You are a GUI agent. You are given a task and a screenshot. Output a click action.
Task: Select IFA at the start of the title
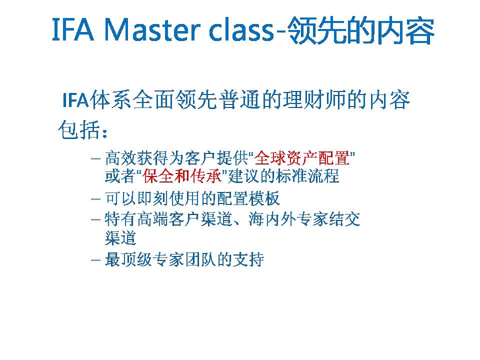tap(73, 29)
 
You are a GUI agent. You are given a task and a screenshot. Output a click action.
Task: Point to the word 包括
tap(79, 130)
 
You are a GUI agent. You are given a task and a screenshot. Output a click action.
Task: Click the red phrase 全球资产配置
tap(302, 158)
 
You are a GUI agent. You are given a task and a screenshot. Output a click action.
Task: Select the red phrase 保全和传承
tap(182, 176)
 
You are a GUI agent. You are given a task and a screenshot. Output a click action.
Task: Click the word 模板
tap(264, 198)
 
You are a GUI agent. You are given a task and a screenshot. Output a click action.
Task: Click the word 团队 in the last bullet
tap(200, 259)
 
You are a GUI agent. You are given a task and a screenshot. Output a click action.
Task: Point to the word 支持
tap(248, 259)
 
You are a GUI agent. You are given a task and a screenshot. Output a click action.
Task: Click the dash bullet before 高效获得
tap(96, 158)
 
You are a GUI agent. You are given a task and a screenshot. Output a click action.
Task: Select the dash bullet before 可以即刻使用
tap(96, 199)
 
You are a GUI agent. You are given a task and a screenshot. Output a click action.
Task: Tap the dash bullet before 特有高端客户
tap(96, 219)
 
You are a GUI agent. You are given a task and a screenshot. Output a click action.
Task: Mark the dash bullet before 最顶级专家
tap(96, 260)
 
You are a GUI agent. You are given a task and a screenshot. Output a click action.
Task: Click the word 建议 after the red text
tap(243, 176)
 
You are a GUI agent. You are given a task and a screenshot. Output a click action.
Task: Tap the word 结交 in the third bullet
tap(344, 219)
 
